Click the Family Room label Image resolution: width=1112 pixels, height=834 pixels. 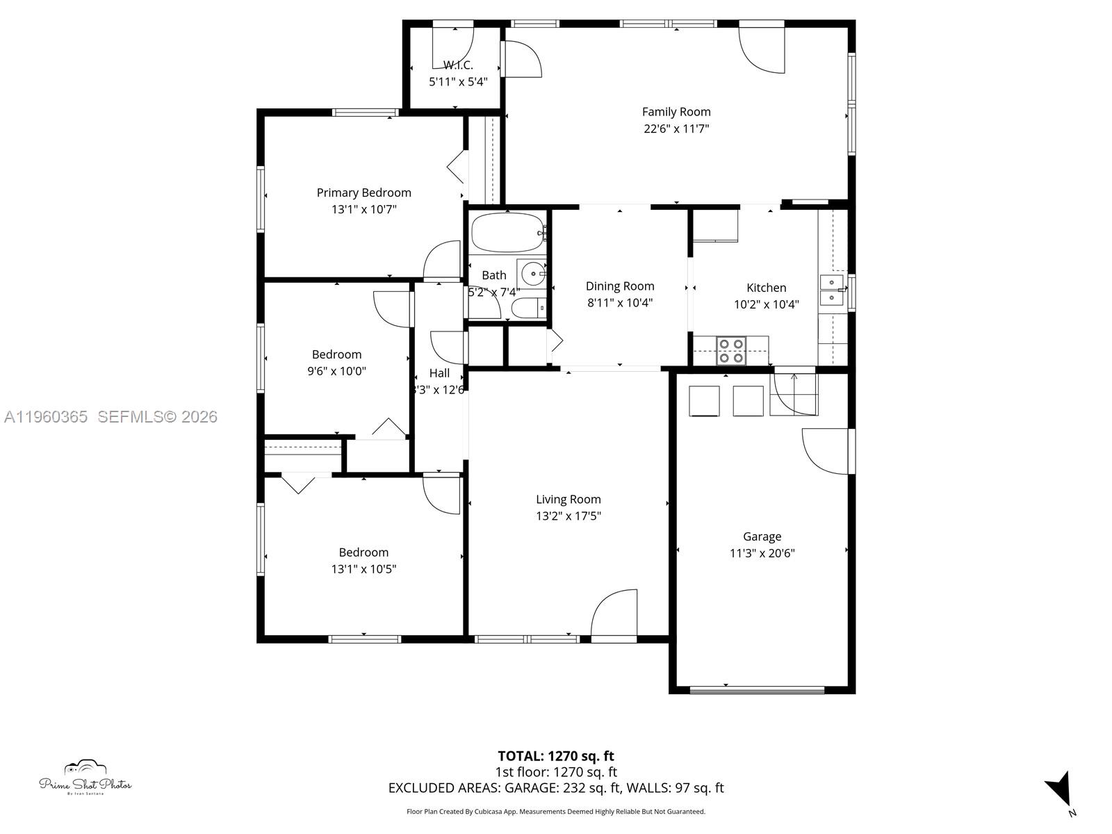[x=676, y=112]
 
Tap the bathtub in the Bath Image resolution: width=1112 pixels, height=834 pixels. [x=507, y=233]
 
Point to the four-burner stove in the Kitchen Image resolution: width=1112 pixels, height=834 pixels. [x=730, y=350]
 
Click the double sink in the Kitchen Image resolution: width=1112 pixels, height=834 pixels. [x=831, y=290]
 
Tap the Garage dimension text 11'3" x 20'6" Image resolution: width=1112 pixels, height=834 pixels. [x=762, y=553]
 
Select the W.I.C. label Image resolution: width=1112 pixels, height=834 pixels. [x=458, y=65]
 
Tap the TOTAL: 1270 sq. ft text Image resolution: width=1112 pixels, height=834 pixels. [x=555, y=756]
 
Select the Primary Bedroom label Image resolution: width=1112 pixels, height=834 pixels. [x=363, y=193]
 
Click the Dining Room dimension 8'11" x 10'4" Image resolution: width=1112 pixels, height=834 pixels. [x=619, y=302]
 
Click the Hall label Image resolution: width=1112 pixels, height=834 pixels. [x=439, y=373]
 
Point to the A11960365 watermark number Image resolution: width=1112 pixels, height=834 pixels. [x=46, y=417]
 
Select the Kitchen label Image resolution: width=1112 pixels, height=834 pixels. [x=766, y=288]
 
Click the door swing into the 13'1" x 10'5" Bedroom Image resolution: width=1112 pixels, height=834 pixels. [x=443, y=495]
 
